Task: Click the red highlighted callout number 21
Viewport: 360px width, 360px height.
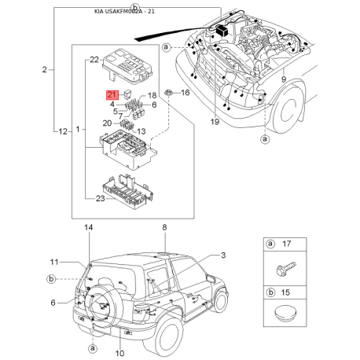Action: [x=112, y=95]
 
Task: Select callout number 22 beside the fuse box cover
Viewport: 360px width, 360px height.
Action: [x=94, y=60]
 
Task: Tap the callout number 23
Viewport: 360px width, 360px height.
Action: [x=100, y=199]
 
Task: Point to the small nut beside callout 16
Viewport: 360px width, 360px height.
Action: [x=168, y=92]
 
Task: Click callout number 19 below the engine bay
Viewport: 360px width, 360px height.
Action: [x=215, y=122]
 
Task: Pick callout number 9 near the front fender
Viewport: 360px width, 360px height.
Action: [x=284, y=79]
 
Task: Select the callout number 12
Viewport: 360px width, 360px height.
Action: [x=63, y=131]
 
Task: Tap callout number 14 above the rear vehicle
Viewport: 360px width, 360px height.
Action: [x=89, y=227]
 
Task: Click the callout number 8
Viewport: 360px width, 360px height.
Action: [x=164, y=227]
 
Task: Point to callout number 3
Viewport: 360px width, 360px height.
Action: [x=223, y=255]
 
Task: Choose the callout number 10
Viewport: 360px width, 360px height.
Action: [x=119, y=354]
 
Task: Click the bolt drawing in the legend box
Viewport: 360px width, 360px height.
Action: [x=286, y=268]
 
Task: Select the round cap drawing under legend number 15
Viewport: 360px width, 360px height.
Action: [x=285, y=313]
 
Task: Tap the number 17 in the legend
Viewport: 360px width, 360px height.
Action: [x=286, y=244]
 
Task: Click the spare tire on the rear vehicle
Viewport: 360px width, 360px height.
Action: [x=105, y=303]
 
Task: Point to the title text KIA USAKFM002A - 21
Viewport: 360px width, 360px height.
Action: [x=124, y=11]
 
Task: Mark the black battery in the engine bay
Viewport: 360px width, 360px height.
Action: [x=222, y=30]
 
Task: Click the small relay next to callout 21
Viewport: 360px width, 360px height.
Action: [x=128, y=94]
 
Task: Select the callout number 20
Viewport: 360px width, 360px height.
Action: [x=107, y=123]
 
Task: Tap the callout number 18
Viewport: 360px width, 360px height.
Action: [x=152, y=95]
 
